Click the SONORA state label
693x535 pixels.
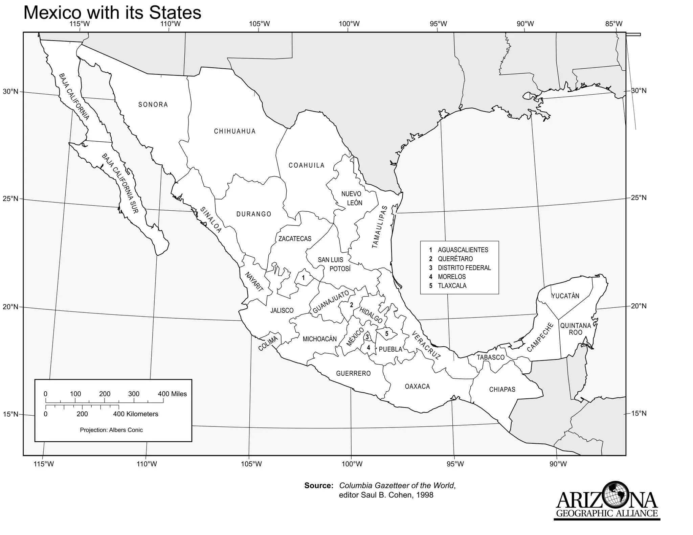tap(153, 104)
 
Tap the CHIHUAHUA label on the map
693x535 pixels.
tap(235, 131)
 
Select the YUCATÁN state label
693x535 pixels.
tap(565, 296)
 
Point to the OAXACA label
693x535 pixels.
tap(417, 386)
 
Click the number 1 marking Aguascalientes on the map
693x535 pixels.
tap(303, 278)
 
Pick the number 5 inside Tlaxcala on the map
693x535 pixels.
tap(386, 333)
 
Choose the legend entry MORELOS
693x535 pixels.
tap(452, 277)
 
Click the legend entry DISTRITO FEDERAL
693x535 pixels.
tap(464, 268)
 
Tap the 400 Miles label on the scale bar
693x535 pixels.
tap(172, 394)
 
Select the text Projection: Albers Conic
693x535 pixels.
tap(111, 430)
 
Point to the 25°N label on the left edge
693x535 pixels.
tap(10, 199)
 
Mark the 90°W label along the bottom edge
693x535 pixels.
tap(558, 464)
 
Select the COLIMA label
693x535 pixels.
tap(268, 343)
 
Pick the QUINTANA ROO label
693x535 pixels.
tap(576, 329)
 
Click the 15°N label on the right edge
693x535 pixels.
tap(639, 413)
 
